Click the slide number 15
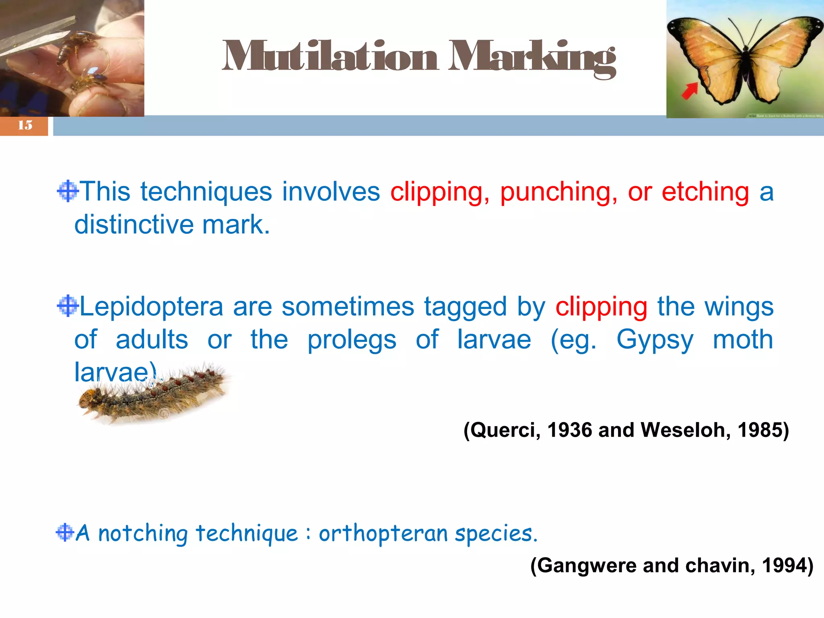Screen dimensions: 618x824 (x=25, y=125)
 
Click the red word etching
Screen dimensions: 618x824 (x=705, y=192)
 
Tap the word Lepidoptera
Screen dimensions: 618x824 (x=151, y=307)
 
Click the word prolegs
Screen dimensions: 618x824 (x=352, y=340)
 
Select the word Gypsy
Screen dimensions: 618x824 (x=655, y=340)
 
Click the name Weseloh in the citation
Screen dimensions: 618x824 (x=685, y=430)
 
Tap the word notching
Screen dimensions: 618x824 (x=143, y=534)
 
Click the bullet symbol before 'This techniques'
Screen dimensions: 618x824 (x=68, y=191)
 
